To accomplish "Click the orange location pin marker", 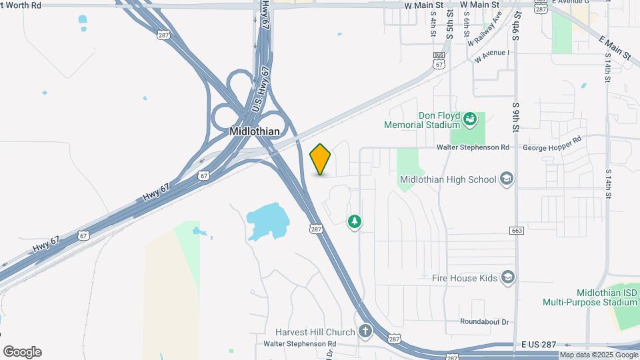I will click(321, 159).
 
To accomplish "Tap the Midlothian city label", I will click(254, 131).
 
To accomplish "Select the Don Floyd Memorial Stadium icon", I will click(470, 119).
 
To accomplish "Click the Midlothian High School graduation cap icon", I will click(507, 179).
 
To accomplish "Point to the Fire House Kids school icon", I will click(508, 277).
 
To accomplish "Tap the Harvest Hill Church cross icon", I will click(365, 331).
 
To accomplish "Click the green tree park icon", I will click(355, 221).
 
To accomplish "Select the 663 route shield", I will click(516, 230).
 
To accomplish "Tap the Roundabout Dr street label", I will click(485, 321).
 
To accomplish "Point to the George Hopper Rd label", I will click(553, 147).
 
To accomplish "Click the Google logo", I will click(22, 352).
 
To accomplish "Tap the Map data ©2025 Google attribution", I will click(598, 355).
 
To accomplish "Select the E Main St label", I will click(614, 48).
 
